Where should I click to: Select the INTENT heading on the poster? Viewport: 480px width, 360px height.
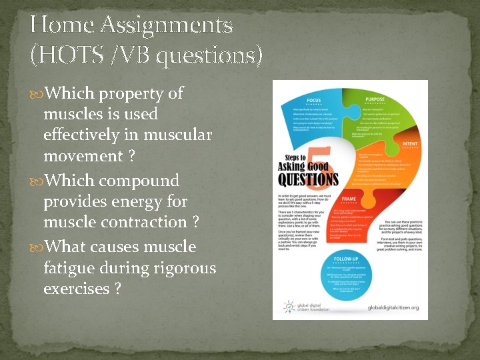tap(407, 143)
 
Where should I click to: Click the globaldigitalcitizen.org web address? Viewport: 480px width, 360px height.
tap(393, 307)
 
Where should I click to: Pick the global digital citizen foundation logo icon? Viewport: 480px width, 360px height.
tap(287, 307)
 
